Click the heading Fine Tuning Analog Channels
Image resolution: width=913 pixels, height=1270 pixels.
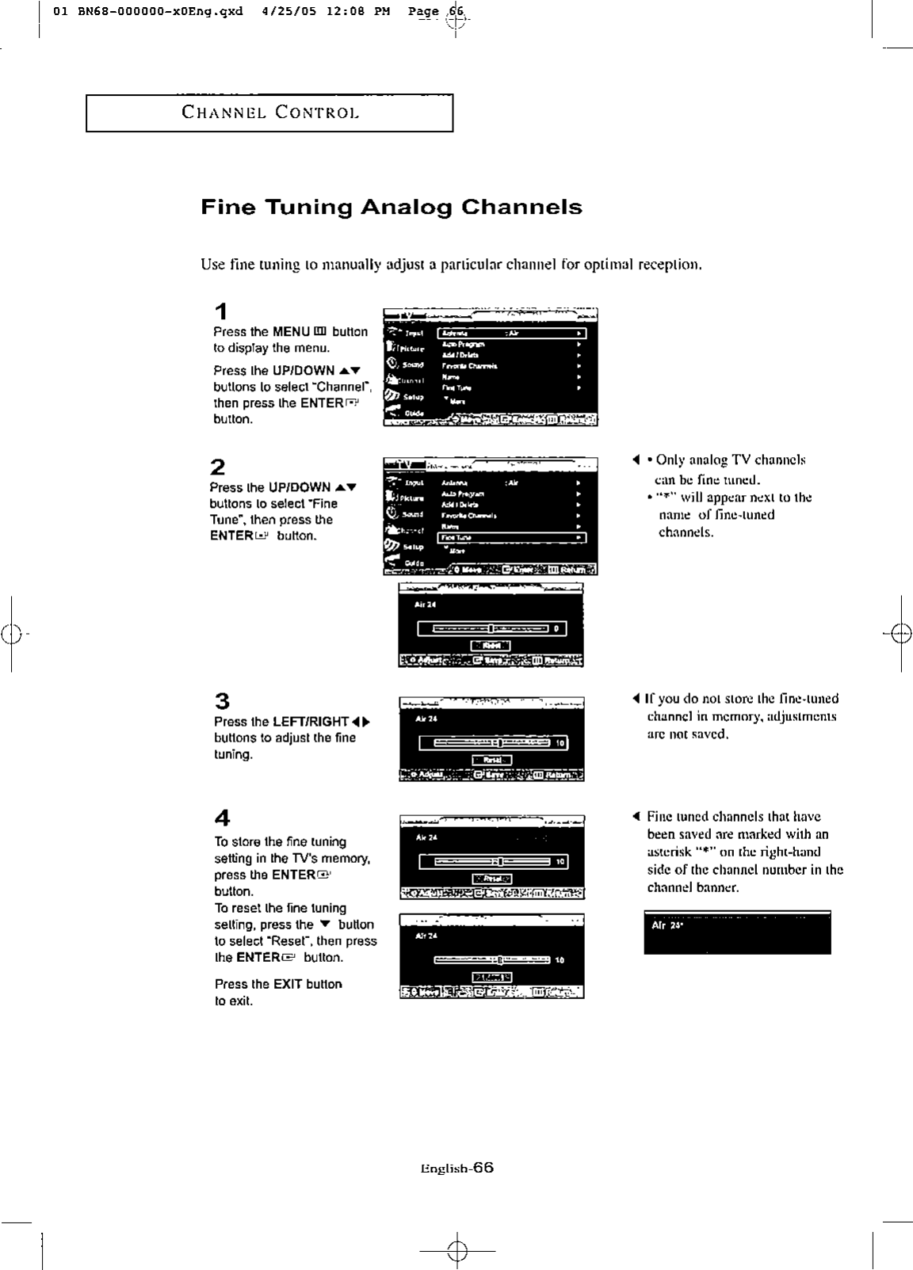pyautogui.click(x=392, y=208)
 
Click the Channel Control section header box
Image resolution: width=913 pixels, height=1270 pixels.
pyautogui.click(x=269, y=113)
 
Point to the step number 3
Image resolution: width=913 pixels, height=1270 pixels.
pyautogui.click(x=222, y=701)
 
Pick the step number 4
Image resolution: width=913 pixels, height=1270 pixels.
pyautogui.click(x=222, y=818)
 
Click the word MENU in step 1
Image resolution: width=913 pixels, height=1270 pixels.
pyautogui.click(x=291, y=332)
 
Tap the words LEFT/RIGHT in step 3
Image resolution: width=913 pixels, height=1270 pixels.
pyautogui.click(x=310, y=722)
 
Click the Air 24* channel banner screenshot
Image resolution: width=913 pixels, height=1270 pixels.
pyautogui.click(x=737, y=932)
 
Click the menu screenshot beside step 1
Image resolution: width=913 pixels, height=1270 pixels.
pyautogui.click(x=490, y=367)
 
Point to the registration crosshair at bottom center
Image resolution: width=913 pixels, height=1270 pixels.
pyautogui.click(x=457, y=1251)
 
